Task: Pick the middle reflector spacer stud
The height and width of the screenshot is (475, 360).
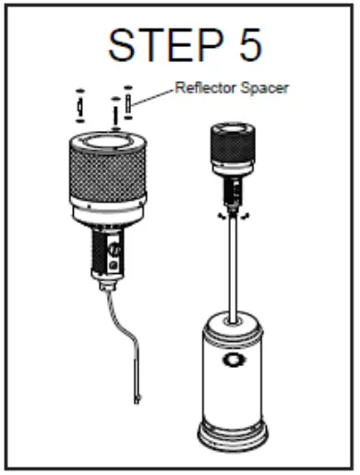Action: point(114,111)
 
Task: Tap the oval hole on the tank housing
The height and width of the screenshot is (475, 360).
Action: point(232,360)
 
